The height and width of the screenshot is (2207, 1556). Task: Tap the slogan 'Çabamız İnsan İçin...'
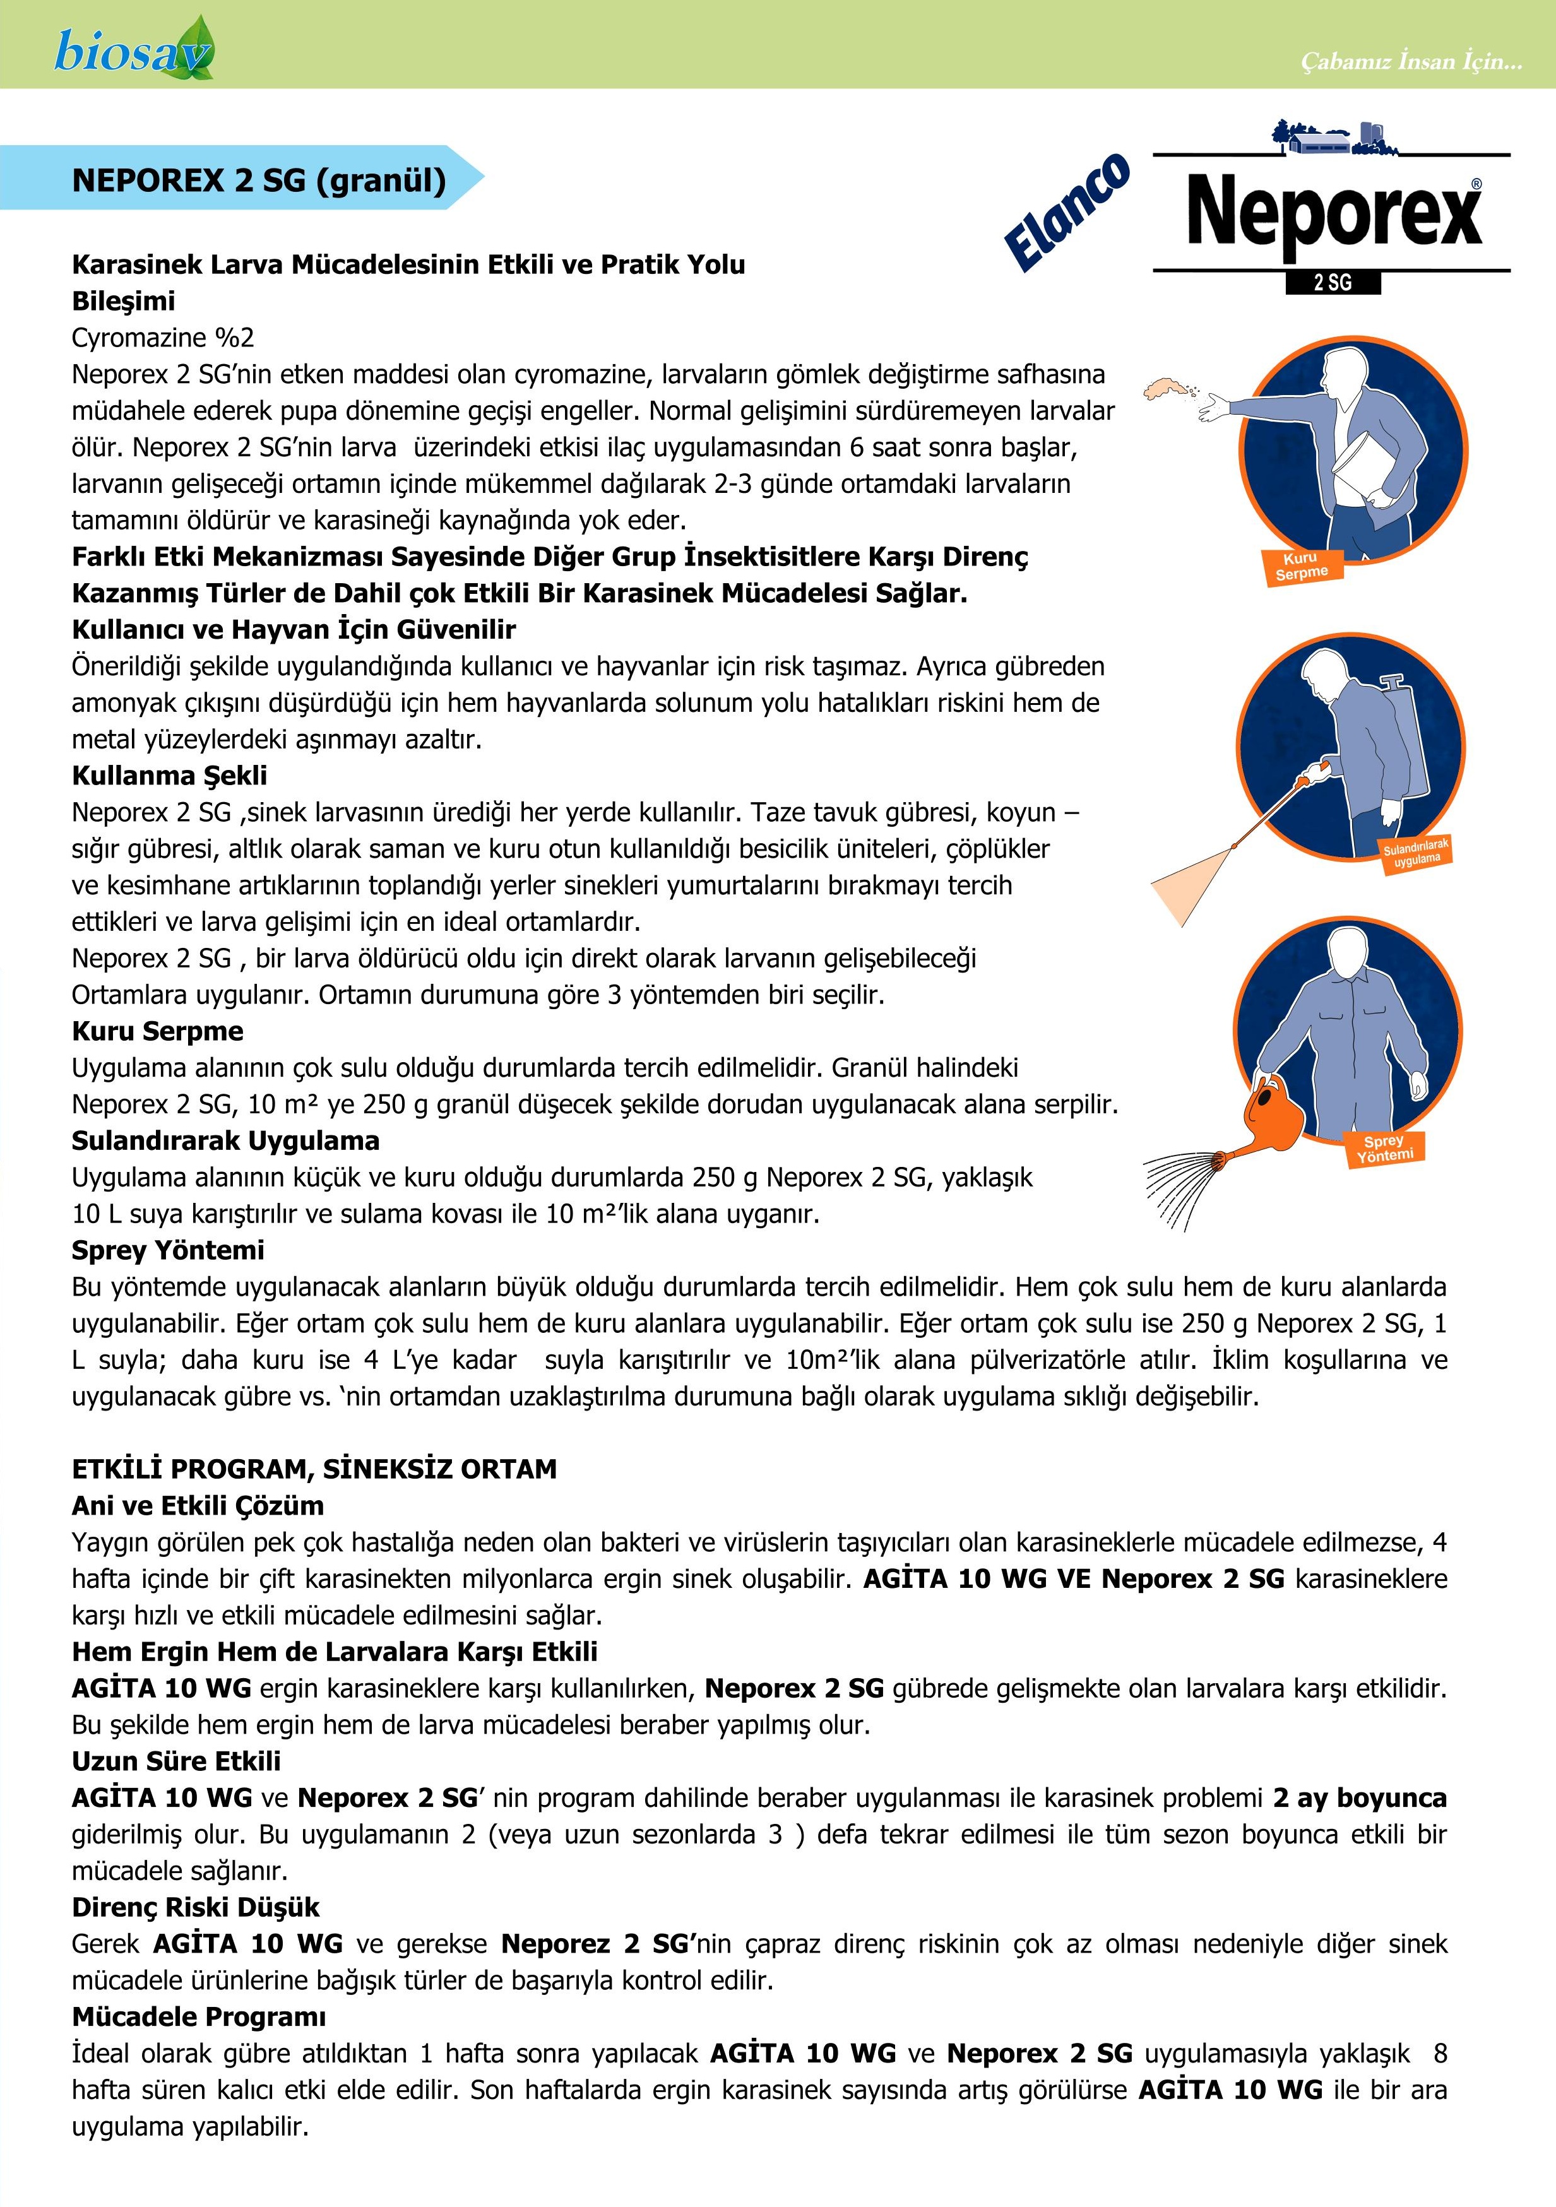click(x=1411, y=61)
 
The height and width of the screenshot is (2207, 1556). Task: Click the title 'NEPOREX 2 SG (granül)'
click(x=259, y=180)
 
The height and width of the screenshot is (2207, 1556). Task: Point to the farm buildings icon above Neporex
click(x=1332, y=138)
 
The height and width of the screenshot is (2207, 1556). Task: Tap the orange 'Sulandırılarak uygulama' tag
click(x=1415, y=853)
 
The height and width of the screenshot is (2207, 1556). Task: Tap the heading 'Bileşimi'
click(x=123, y=301)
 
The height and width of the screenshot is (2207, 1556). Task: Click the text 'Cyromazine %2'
click(x=162, y=338)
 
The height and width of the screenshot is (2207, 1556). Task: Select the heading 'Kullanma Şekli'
click(x=169, y=776)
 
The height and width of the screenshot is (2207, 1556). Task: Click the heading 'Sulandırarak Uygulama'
click(x=225, y=1141)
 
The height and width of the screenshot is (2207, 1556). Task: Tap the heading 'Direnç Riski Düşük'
click(x=195, y=1908)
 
